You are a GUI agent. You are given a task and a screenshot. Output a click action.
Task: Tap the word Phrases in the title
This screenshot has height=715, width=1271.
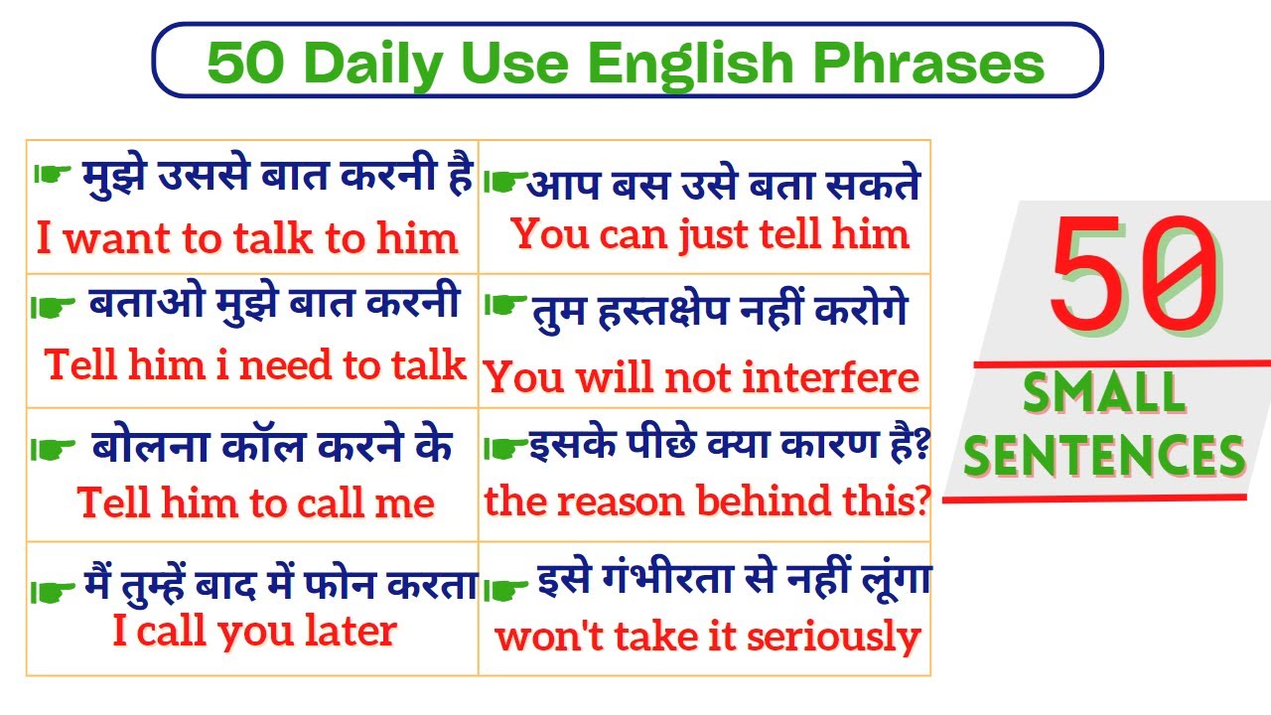(x=928, y=65)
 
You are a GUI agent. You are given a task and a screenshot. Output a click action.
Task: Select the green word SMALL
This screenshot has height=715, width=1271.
(x=1104, y=394)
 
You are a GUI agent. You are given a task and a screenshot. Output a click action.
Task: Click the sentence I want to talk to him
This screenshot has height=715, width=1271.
(x=247, y=239)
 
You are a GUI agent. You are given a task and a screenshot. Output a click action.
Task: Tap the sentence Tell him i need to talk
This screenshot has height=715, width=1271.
(x=255, y=365)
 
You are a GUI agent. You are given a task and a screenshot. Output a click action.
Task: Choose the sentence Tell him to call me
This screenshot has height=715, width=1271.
(x=256, y=503)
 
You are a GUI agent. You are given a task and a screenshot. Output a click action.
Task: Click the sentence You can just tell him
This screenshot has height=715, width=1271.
(x=710, y=235)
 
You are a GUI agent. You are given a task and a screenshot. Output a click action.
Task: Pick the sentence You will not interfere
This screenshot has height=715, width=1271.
(x=702, y=378)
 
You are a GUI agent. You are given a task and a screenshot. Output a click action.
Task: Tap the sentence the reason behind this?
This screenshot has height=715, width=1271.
(x=706, y=502)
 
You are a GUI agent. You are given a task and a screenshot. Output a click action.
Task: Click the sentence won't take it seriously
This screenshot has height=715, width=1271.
(x=708, y=637)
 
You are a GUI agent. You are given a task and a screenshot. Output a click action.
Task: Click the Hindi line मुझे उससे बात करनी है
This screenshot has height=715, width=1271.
(x=275, y=177)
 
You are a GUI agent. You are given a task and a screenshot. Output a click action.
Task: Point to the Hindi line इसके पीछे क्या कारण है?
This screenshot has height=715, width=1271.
(x=728, y=447)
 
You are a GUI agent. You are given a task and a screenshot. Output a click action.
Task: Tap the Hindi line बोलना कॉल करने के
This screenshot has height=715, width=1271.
(x=272, y=448)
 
